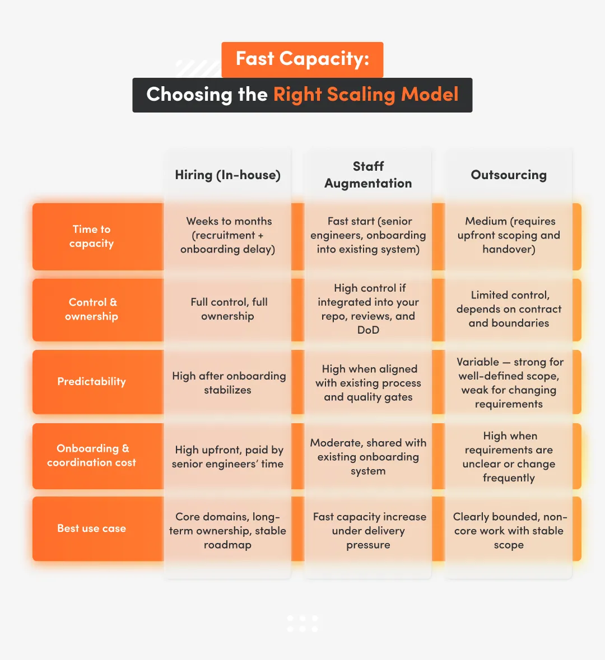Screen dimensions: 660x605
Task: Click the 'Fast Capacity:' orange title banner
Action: click(x=302, y=59)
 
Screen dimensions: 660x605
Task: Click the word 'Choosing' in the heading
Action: click(x=188, y=95)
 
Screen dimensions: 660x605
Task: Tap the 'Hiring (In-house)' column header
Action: click(x=227, y=175)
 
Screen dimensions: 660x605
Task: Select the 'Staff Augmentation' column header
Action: click(x=368, y=175)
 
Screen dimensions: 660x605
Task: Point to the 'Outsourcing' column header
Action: click(x=509, y=175)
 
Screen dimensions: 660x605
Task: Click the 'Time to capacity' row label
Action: click(x=92, y=236)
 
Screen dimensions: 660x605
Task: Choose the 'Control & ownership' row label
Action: click(x=92, y=309)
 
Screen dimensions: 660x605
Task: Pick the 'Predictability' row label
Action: click(x=92, y=382)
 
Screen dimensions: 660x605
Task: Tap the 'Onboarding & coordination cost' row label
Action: click(x=92, y=456)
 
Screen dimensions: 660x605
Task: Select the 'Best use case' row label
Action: click(x=92, y=528)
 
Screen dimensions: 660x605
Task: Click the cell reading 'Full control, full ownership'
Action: click(x=228, y=309)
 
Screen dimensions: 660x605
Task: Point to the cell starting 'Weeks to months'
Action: click(x=228, y=235)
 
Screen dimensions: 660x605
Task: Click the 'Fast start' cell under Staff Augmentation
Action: click(x=368, y=235)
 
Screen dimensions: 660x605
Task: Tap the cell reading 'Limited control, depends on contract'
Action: click(x=509, y=309)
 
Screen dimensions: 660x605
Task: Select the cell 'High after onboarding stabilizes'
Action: click(x=228, y=383)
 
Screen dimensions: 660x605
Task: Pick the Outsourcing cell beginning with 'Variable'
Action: click(x=509, y=383)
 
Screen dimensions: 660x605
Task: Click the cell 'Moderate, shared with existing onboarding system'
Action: click(x=368, y=457)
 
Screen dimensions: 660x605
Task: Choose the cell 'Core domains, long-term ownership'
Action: click(x=228, y=531)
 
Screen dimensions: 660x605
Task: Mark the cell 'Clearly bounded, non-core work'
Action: click(x=509, y=531)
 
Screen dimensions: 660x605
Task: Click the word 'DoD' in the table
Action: click(x=368, y=330)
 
